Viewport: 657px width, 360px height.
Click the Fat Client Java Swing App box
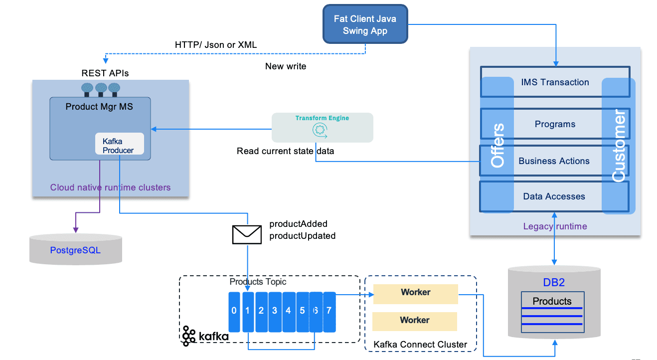tap(365, 24)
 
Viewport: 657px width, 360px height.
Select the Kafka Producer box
tap(119, 145)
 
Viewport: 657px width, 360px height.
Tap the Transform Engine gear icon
tap(319, 131)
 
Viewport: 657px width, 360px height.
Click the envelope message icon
tap(247, 234)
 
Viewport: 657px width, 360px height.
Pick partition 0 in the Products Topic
tap(234, 311)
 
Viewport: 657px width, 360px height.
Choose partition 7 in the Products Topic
tap(329, 311)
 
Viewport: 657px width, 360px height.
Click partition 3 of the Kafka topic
tap(275, 311)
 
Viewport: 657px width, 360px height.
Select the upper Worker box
tap(415, 294)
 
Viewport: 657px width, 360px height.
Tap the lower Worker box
tap(415, 321)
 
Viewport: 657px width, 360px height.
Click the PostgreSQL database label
tap(75, 250)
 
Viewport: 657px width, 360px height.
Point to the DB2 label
tap(553, 282)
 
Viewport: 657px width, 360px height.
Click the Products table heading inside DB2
tap(552, 301)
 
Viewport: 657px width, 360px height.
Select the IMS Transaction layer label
tap(555, 82)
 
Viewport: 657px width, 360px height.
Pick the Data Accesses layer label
tap(554, 196)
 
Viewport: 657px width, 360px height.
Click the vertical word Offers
tap(497, 145)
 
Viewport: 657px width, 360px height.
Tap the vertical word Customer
tap(619, 146)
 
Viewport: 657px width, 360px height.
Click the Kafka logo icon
tap(189, 336)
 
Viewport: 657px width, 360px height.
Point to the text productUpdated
tap(302, 236)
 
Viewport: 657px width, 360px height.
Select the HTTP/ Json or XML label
tap(216, 45)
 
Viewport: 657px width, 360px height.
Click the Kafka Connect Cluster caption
tap(420, 345)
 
